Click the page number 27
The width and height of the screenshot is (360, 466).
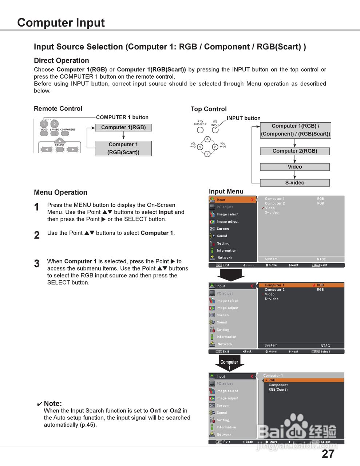click(328, 454)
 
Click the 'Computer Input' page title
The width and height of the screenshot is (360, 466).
click(61, 23)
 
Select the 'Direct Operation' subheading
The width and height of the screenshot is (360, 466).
click(61, 60)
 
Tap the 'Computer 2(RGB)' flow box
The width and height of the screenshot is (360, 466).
click(294, 151)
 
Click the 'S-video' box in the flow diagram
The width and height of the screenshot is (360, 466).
click(294, 183)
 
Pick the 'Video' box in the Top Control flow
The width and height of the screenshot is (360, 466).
click(294, 167)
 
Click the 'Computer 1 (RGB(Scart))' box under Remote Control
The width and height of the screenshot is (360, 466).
click(123, 149)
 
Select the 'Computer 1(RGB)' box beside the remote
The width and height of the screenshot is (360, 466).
click(123, 127)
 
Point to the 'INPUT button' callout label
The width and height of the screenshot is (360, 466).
click(244, 118)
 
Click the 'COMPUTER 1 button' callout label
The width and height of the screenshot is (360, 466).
click(122, 117)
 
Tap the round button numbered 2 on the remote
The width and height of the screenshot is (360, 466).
click(55, 124)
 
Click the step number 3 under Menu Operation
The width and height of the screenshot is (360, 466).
click(37, 264)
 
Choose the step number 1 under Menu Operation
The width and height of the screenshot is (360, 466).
click(37, 207)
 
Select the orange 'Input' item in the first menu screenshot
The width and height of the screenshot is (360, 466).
click(233, 200)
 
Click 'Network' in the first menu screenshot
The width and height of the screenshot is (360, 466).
click(225, 258)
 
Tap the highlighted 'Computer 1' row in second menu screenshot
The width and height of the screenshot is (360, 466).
click(301, 285)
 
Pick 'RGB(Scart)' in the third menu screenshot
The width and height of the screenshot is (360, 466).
click(278, 390)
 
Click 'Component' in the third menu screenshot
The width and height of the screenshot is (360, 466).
click(278, 385)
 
